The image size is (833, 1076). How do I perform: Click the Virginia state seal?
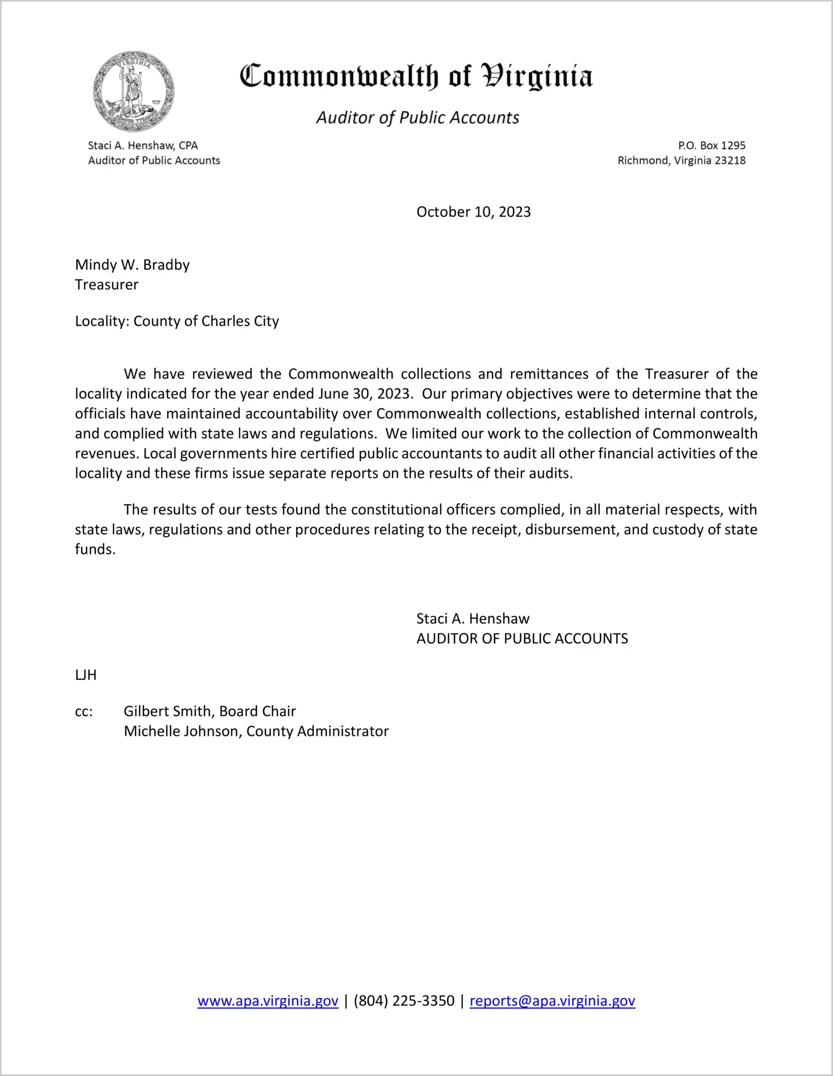[x=134, y=91]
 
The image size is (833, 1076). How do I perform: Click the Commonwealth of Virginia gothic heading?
[x=416, y=76]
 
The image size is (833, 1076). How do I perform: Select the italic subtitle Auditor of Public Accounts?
[x=418, y=118]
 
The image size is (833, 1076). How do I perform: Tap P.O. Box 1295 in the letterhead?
[x=711, y=145]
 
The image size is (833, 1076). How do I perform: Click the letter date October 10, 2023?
[x=473, y=212]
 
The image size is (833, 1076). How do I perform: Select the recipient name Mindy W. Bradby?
[x=133, y=265]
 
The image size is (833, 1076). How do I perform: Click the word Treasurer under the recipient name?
[x=107, y=285]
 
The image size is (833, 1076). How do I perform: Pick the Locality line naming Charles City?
[x=177, y=322]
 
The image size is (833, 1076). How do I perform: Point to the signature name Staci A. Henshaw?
[x=473, y=619]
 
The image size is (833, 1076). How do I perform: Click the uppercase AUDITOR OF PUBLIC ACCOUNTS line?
[x=522, y=639]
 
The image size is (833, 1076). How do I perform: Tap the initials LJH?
[x=86, y=675]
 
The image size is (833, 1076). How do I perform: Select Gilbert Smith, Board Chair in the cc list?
[x=210, y=712]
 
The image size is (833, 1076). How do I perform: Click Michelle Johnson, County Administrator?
[x=256, y=732]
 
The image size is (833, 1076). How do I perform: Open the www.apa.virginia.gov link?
[x=268, y=1001]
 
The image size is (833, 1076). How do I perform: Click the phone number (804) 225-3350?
[x=404, y=1001]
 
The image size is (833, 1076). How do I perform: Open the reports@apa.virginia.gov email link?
[x=552, y=1001]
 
